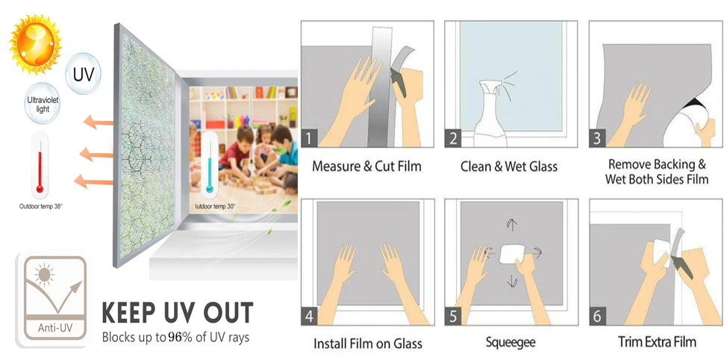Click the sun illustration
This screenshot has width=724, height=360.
(35, 43)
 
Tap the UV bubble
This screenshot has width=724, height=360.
(83, 74)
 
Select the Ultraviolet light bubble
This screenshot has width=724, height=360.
(43, 104)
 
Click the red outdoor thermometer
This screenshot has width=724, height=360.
(40, 164)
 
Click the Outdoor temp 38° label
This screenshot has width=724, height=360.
(40, 207)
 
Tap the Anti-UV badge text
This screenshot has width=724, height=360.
(55, 329)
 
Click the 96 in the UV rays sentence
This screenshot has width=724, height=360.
(175, 338)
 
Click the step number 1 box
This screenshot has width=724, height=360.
(309, 139)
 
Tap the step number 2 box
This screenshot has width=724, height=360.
(453, 139)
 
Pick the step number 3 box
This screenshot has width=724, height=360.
(597, 139)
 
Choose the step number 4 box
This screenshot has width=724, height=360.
(309, 317)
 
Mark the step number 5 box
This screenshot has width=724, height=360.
(453, 317)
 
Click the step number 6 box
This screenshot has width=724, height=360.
(597, 317)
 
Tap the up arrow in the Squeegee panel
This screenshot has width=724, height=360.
(511, 225)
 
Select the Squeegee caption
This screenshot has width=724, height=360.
(511, 342)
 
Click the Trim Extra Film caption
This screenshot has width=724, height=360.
(657, 342)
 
